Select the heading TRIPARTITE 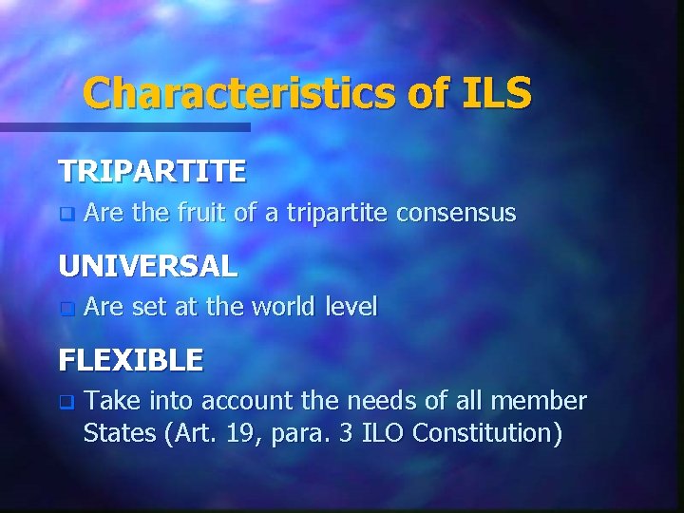pos(152,171)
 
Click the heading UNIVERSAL pos(148,266)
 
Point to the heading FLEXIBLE pos(131,360)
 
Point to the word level pos(351,307)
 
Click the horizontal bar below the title pos(124,126)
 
